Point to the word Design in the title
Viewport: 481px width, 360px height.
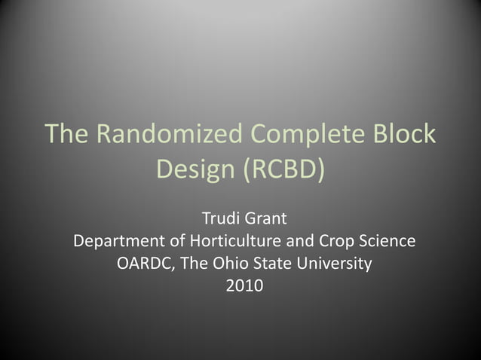pos(195,169)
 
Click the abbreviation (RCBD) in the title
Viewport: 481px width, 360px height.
pos(284,169)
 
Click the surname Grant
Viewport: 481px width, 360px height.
pos(265,220)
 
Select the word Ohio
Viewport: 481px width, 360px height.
pos(228,264)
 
